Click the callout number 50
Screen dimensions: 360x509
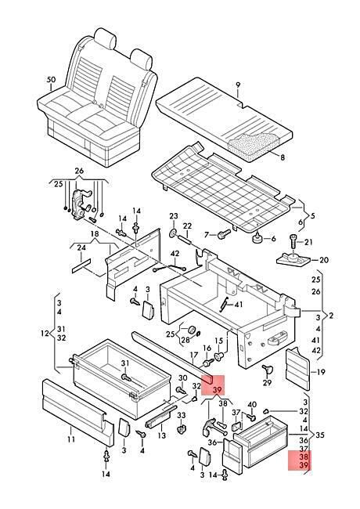[x=51, y=80]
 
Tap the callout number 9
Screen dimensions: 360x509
[x=238, y=85]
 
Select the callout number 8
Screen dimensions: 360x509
[x=283, y=157]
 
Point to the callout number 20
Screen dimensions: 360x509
[x=324, y=260]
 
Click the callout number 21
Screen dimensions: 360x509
[x=308, y=242]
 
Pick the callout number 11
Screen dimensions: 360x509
[x=71, y=439]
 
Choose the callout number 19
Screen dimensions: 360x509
[x=320, y=372]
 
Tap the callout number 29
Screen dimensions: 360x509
[x=267, y=382]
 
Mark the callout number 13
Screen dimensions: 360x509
[x=161, y=435]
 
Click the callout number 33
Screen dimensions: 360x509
[x=182, y=415]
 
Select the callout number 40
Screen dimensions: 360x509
[x=252, y=405]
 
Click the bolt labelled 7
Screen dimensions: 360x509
[x=224, y=233]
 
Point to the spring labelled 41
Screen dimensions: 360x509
[x=224, y=305]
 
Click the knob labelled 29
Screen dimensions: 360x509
[x=267, y=369]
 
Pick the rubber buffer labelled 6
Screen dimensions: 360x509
[x=257, y=237]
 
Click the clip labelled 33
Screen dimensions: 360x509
[x=181, y=428]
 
